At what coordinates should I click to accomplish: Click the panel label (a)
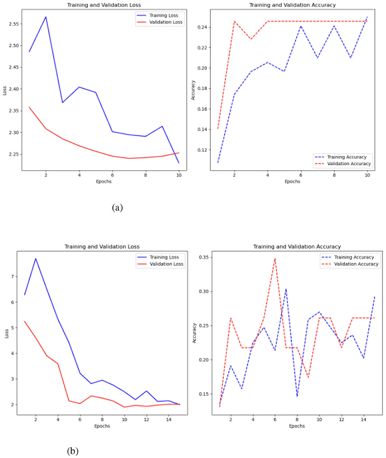coord(117,208)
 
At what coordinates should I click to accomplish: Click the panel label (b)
coord(73,451)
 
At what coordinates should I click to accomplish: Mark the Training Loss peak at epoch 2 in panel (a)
coord(46,17)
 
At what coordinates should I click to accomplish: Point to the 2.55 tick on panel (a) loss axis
coord(14,24)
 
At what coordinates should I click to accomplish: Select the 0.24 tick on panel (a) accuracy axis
coord(202,27)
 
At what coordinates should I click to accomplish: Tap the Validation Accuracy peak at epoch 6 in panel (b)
coord(275,259)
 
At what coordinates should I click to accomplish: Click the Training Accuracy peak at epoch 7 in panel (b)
coord(286,289)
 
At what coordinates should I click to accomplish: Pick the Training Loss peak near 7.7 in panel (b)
coord(36,258)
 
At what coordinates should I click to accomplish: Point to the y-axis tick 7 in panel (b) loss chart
coord(12,277)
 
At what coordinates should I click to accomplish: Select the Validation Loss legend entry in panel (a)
coord(166,22)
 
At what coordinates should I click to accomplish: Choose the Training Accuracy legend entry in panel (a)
coord(346,157)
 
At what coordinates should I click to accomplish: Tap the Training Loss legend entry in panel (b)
coord(164,257)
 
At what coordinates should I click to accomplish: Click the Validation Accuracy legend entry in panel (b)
coord(356,264)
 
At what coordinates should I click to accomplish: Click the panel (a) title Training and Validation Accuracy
coord(292,5)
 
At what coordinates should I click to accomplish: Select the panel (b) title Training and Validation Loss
coord(102,246)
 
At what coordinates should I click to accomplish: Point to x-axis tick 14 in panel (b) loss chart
coord(169,419)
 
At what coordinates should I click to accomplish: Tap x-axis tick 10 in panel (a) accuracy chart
coord(367,175)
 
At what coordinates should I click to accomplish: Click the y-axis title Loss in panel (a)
coord(5,91)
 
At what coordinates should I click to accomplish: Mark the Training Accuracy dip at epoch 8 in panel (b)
coord(297,396)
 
